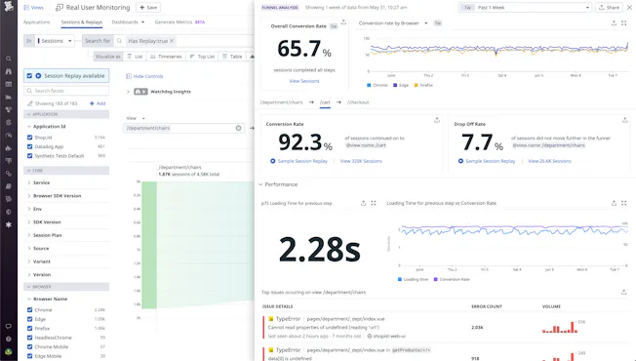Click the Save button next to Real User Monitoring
(x=148, y=7)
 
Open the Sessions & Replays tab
(x=82, y=21)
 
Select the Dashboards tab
(x=126, y=21)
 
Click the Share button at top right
(x=609, y=7)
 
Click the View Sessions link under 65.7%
(x=304, y=81)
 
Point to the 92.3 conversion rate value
(x=299, y=142)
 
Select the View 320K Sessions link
(x=362, y=161)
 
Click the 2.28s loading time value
(x=319, y=248)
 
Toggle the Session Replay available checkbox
(x=38, y=75)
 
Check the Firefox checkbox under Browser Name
(x=30, y=330)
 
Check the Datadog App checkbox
(x=30, y=146)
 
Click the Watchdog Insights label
(x=170, y=92)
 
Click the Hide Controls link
(x=147, y=75)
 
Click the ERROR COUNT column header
(x=488, y=306)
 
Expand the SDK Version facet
(x=49, y=222)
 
